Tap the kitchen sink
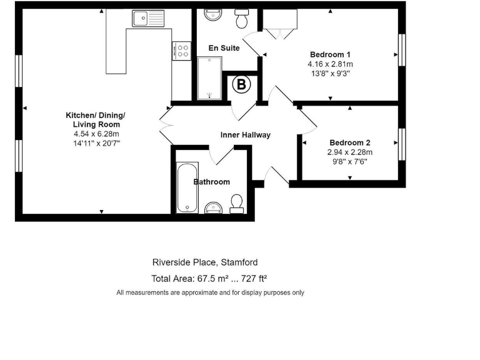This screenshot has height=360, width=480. point(147,19)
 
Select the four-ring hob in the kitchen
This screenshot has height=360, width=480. point(182,50)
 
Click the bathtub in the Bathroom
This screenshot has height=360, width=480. point(187,187)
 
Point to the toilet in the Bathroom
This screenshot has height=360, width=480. point(236,203)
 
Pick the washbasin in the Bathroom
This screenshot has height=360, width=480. point(213,207)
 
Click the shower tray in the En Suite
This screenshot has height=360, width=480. point(209,77)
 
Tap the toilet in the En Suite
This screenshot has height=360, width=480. point(241,19)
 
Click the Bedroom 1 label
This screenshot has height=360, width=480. point(330,54)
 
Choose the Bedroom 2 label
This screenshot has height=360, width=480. point(350,142)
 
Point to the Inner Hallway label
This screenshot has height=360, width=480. point(246,135)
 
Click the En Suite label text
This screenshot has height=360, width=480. point(224,48)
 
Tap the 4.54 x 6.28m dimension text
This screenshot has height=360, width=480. point(96,134)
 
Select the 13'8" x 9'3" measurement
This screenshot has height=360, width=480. point(330,72)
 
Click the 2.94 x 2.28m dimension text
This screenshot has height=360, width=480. point(350,152)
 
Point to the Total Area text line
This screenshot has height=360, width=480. point(210,279)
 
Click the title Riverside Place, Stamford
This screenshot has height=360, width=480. point(205,262)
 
